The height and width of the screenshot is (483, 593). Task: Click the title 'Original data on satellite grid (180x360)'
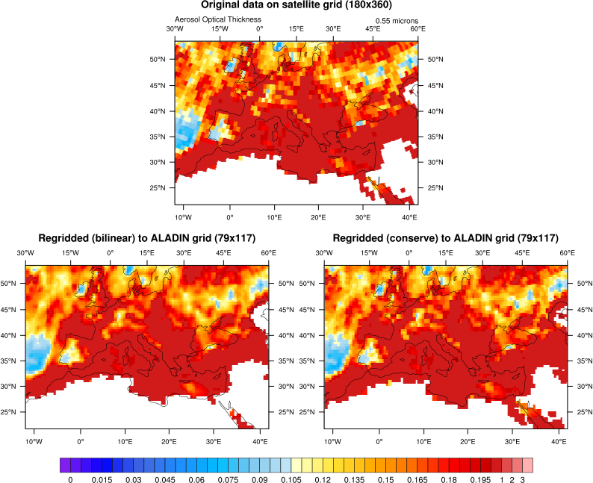[296, 6]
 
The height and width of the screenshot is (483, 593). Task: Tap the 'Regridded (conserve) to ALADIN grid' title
[445, 239]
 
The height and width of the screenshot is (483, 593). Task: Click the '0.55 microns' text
[396, 22]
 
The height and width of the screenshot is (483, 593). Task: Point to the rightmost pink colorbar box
[527, 465]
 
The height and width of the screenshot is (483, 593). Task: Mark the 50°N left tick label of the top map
[158, 59]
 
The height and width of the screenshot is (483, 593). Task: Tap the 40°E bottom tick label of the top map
[408, 218]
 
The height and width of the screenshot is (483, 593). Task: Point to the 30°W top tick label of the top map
[175, 29]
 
